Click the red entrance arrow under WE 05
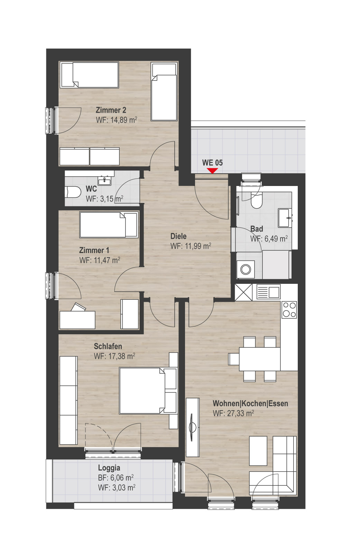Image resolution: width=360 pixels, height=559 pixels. (212, 171)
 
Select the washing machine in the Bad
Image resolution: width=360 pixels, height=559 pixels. (246, 269)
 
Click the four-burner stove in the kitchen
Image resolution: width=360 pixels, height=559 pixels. (289, 310)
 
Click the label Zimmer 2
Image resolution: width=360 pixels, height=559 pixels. (111, 110)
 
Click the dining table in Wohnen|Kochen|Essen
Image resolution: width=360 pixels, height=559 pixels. (260, 359)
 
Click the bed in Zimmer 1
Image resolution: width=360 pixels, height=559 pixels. (109, 225)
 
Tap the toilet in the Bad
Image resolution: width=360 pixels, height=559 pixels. (256, 200)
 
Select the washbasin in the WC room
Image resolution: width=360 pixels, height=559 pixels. (104, 181)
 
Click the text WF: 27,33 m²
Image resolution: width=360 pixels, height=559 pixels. (233, 413)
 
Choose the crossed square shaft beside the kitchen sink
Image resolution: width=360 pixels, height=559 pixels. (244, 292)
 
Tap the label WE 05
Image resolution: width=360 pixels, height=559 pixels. (212, 163)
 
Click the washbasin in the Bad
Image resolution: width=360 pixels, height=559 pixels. (285, 218)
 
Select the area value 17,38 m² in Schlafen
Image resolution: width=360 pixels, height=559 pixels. (122, 356)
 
